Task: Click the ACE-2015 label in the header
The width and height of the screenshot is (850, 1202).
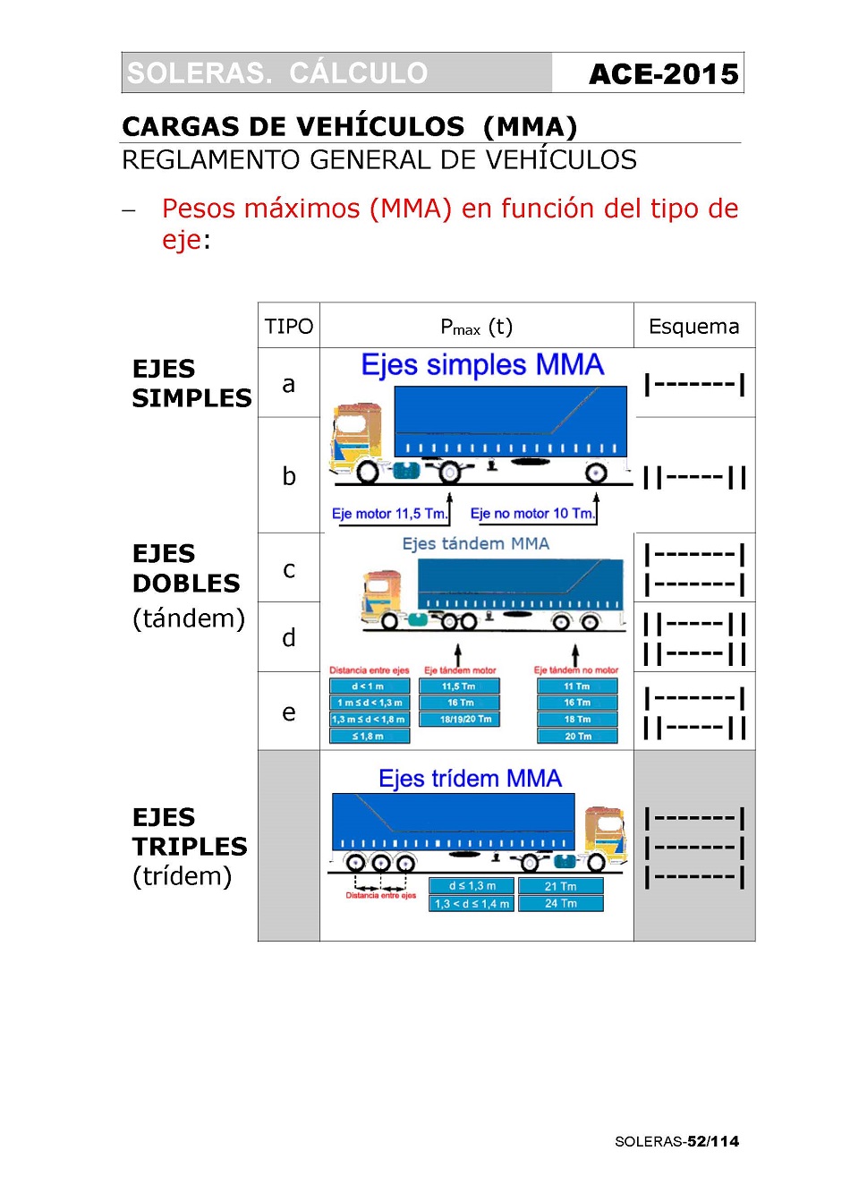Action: (x=663, y=73)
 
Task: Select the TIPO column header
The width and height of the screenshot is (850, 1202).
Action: (x=288, y=327)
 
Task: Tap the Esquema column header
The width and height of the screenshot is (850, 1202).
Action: (x=693, y=327)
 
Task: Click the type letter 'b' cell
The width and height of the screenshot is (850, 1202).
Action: (x=288, y=476)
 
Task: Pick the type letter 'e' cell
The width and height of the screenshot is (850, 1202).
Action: (x=288, y=712)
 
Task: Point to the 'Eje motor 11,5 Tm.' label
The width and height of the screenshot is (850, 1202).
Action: (x=389, y=514)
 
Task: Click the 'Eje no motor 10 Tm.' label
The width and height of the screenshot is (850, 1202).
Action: (x=531, y=514)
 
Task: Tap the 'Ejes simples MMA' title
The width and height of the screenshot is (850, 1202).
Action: (x=481, y=365)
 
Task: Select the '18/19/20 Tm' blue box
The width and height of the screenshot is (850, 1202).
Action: (x=459, y=720)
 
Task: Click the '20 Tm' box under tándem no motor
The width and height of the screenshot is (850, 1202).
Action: (x=577, y=737)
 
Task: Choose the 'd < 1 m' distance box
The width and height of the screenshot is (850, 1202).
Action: (x=369, y=686)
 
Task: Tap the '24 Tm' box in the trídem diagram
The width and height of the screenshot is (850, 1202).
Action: (x=560, y=904)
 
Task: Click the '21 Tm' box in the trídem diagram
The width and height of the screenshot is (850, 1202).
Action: (x=560, y=886)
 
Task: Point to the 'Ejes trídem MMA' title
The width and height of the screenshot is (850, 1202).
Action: (x=470, y=779)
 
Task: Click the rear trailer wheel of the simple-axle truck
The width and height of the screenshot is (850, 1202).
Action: (x=596, y=473)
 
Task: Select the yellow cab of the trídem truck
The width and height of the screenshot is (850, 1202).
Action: (x=604, y=828)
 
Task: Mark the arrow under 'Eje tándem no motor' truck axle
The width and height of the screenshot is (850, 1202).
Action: (x=575, y=655)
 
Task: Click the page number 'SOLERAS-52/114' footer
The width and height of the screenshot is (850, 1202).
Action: (x=676, y=1141)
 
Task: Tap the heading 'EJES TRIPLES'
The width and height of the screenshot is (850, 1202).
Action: (x=189, y=831)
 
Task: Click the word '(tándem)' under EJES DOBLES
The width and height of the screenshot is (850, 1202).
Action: (x=188, y=618)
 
